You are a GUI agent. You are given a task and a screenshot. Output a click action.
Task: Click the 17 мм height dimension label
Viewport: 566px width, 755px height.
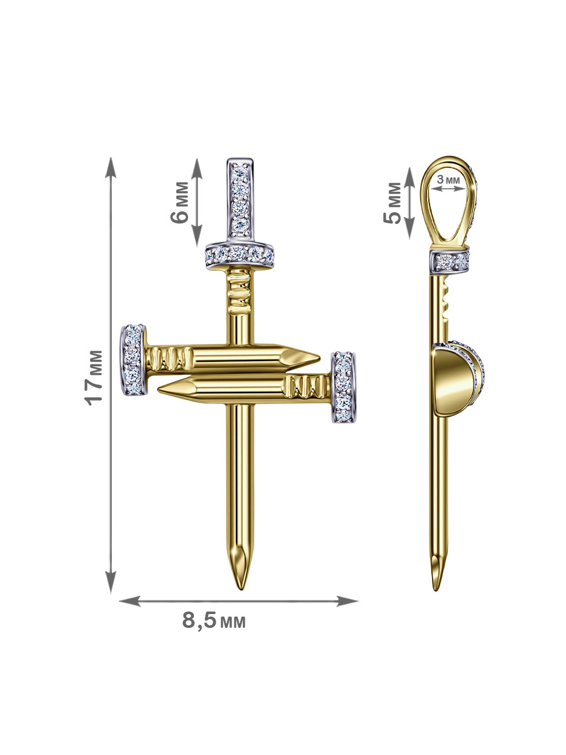[x=94, y=377]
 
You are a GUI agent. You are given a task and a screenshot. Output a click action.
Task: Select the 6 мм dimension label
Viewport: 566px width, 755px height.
[x=180, y=202]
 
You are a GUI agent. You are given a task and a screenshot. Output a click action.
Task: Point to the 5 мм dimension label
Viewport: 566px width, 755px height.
[x=392, y=203]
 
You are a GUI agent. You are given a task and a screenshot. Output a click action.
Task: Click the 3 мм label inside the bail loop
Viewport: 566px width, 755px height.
[x=448, y=179]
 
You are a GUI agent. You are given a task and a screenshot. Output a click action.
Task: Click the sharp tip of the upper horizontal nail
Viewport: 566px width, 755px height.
[x=319, y=358]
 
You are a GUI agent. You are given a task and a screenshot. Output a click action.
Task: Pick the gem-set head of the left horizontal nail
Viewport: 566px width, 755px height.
[x=133, y=359]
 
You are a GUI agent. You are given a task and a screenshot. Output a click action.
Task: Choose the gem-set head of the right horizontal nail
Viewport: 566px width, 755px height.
[x=343, y=387]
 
